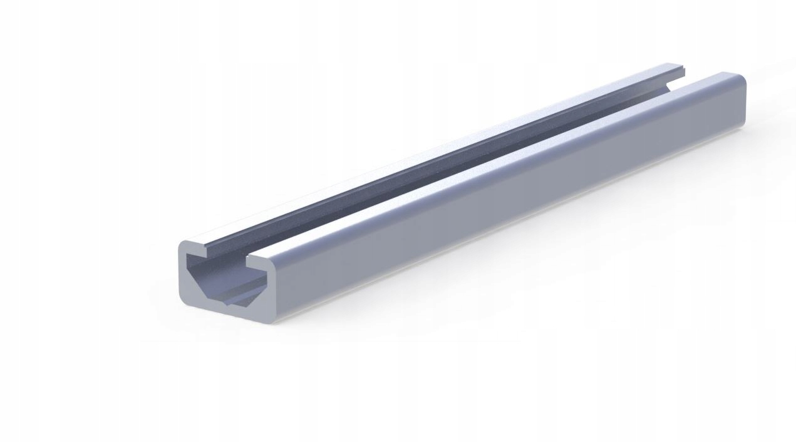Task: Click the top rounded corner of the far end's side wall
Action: click(743, 79)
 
